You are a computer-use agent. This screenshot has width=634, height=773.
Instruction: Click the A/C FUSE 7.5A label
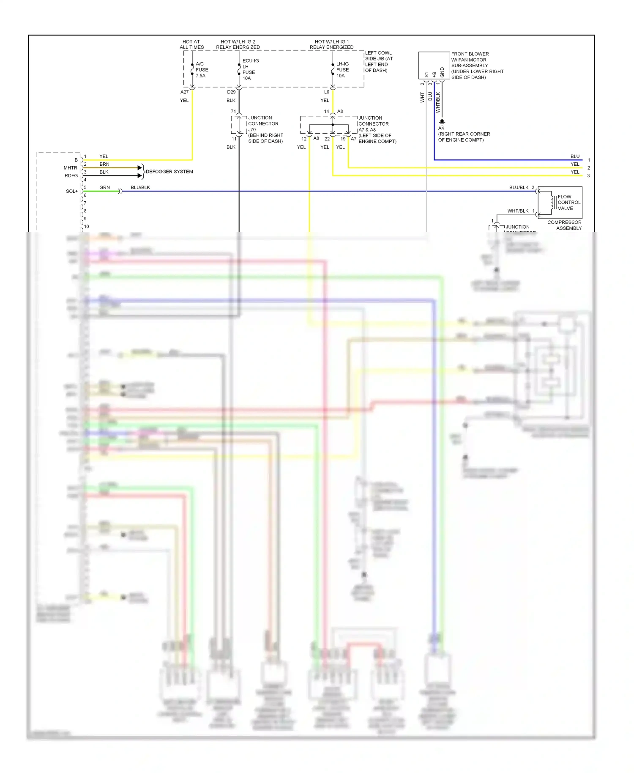tap(202, 70)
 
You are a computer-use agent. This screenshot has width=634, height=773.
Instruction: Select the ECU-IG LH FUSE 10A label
tap(250, 69)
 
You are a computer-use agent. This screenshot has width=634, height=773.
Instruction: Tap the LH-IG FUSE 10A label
tap(342, 70)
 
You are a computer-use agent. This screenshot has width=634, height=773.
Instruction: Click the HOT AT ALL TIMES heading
tap(191, 44)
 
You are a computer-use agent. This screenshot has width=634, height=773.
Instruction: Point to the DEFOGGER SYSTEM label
tap(169, 172)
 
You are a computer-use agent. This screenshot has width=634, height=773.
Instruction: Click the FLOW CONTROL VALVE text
tap(568, 203)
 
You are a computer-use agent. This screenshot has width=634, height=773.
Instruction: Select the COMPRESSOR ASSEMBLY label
tap(564, 225)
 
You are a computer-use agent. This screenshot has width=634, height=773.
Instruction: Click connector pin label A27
tap(184, 92)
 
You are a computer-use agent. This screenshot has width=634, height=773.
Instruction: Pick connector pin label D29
tap(231, 92)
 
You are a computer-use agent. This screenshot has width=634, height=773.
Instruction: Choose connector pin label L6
tap(326, 92)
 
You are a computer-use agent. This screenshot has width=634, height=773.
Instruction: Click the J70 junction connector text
tap(252, 129)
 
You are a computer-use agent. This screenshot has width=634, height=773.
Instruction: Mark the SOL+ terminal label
tap(71, 191)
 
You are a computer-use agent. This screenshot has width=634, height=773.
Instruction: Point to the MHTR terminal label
tap(70, 168)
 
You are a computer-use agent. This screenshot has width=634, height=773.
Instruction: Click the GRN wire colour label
tap(104, 187)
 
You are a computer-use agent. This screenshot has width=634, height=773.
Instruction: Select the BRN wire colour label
tap(104, 164)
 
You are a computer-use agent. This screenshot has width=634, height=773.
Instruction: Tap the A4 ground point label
tap(441, 128)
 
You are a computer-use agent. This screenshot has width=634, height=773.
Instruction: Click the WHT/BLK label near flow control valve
tap(518, 211)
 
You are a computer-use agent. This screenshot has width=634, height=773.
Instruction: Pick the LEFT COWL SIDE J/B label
tap(379, 62)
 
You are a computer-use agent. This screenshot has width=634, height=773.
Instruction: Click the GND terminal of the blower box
tap(442, 72)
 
